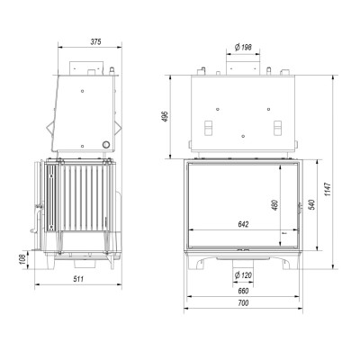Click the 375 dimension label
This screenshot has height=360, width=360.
click(96, 42)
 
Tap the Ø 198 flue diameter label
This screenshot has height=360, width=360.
click(243, 48)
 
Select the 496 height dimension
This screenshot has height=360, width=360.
click(166, 116)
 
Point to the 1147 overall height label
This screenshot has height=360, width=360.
click(328, 189)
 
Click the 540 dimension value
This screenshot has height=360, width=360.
click(311, 204)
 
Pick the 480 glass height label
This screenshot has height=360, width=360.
click(275, 205)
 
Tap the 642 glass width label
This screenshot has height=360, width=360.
click(243, 224)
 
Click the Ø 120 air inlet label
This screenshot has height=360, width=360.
click(243, 274)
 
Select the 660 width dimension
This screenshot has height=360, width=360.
click(243, 291)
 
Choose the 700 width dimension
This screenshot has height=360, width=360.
click(243, 303)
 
